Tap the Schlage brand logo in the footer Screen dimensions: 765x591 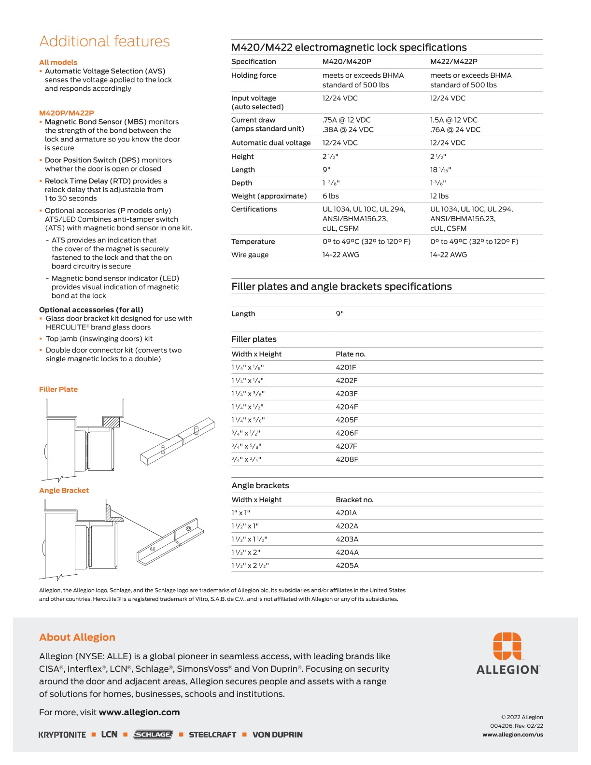(153, 735)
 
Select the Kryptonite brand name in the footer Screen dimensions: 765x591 (62, 735)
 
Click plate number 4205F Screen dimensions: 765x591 (347, 420)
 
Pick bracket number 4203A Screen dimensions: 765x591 (347, 539)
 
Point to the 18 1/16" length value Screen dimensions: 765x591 (440, 170)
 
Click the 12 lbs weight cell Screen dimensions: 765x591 (439, 196)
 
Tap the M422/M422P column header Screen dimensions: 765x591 (453, 62)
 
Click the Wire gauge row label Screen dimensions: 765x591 (250, 255)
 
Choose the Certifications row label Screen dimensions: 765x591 (254, 209)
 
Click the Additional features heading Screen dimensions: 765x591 (104, 42)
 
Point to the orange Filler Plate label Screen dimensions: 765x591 (58, 389)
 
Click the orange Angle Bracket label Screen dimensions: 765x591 (64, 490)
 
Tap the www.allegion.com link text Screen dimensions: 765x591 (139, 712)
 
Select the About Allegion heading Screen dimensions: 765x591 (77, 637)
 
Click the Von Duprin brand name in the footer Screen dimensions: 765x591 (278, 735)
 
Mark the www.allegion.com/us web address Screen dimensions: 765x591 (512, 735)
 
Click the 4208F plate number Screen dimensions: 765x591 (347, 459)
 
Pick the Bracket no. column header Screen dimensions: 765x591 (354, 500)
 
